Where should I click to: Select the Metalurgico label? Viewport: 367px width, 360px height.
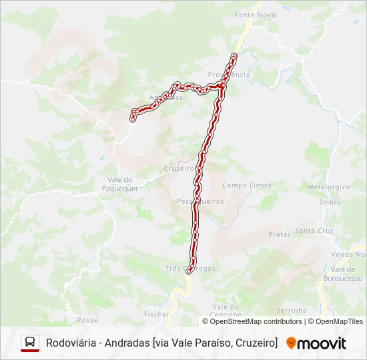point(324,187)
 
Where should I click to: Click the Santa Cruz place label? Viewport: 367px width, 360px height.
point(314,231)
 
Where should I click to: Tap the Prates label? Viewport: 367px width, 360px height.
point(280,234)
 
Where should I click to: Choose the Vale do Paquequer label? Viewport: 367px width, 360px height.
point(122,184)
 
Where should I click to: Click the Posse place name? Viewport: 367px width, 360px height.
point(87,320)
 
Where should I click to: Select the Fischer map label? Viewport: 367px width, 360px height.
point(157,313)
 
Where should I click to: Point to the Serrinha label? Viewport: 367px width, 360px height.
point(292,311)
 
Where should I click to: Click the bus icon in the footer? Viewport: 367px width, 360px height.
point(30,343)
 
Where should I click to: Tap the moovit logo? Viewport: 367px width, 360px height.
point(316,343)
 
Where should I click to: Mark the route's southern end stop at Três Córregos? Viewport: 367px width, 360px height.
point(190,271)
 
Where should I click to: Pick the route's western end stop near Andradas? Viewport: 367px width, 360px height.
point(133,119)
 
